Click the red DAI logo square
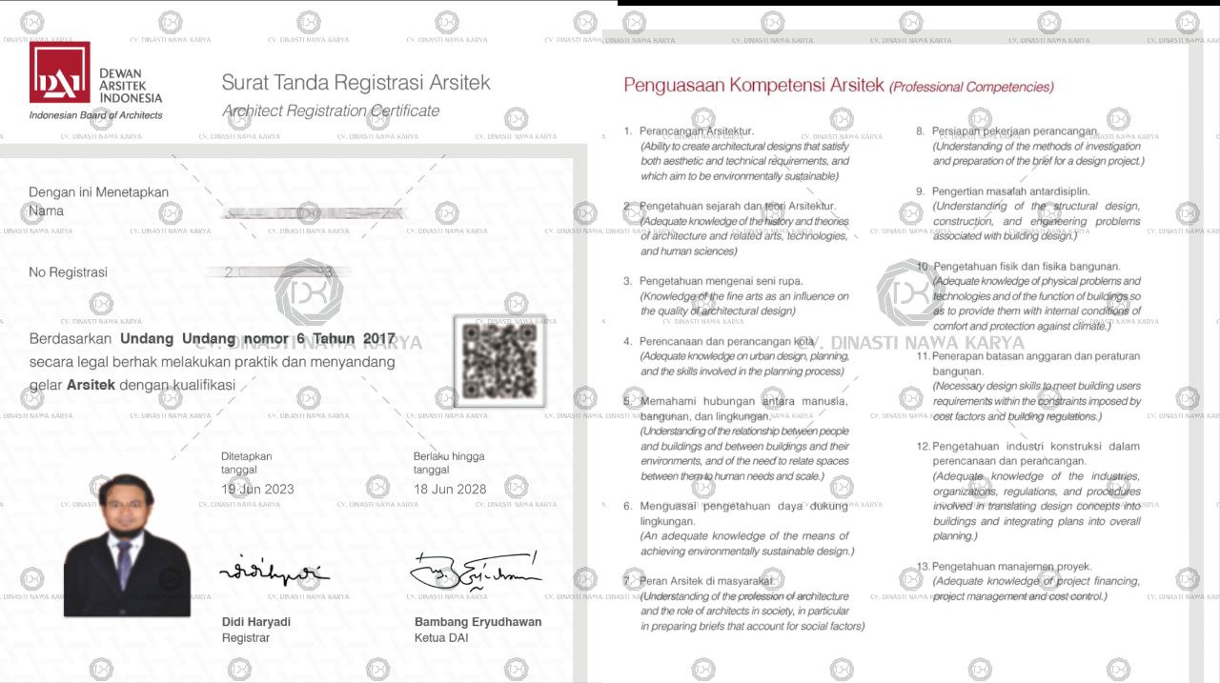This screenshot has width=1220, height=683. click(x=59, y=72)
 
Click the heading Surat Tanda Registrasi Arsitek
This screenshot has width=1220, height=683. click(x=356, y=83)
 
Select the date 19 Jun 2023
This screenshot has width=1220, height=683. click(x=257, y=490)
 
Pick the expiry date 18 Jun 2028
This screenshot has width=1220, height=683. click(x=450, y=490)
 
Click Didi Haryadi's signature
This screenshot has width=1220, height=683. click(x=274, y=573)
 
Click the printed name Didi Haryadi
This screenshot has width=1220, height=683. click(x=256, y=622)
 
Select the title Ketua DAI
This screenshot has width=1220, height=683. click(x=441, y=638)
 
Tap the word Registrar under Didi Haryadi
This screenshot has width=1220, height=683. click(x=245, y=638)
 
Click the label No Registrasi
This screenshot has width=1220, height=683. click(x=68, y=272)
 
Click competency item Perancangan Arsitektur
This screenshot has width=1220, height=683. click(x=696, y=131)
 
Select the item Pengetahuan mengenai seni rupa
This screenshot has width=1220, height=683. click(x=721, y=282)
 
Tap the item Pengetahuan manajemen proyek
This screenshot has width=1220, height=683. click(x=1012, y=567)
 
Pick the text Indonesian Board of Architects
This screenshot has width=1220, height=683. click(x=95, y=115)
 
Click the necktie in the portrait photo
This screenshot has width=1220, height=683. click(x=125, y=564)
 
